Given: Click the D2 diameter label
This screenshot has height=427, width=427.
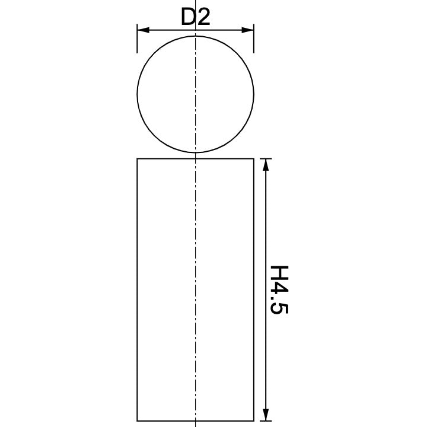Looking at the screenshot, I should pyautogui.click(x=195, y=18).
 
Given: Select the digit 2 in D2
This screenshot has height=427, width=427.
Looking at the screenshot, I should pyautogui.click(x=203, y=18).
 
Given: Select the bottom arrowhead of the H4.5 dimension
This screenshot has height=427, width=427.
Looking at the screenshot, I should pyautogui.click(x=266, y=415).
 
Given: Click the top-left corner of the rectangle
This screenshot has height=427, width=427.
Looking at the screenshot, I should pyautogui.click(x=137, y=158).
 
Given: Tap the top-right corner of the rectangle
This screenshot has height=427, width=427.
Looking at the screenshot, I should pyautogui.click(x=254, y=158).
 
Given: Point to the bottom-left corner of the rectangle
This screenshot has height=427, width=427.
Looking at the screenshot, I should pyautogui.click(x=137, y=420).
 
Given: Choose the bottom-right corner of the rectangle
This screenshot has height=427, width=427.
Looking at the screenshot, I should pyautogui.click(x=254, y=420).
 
